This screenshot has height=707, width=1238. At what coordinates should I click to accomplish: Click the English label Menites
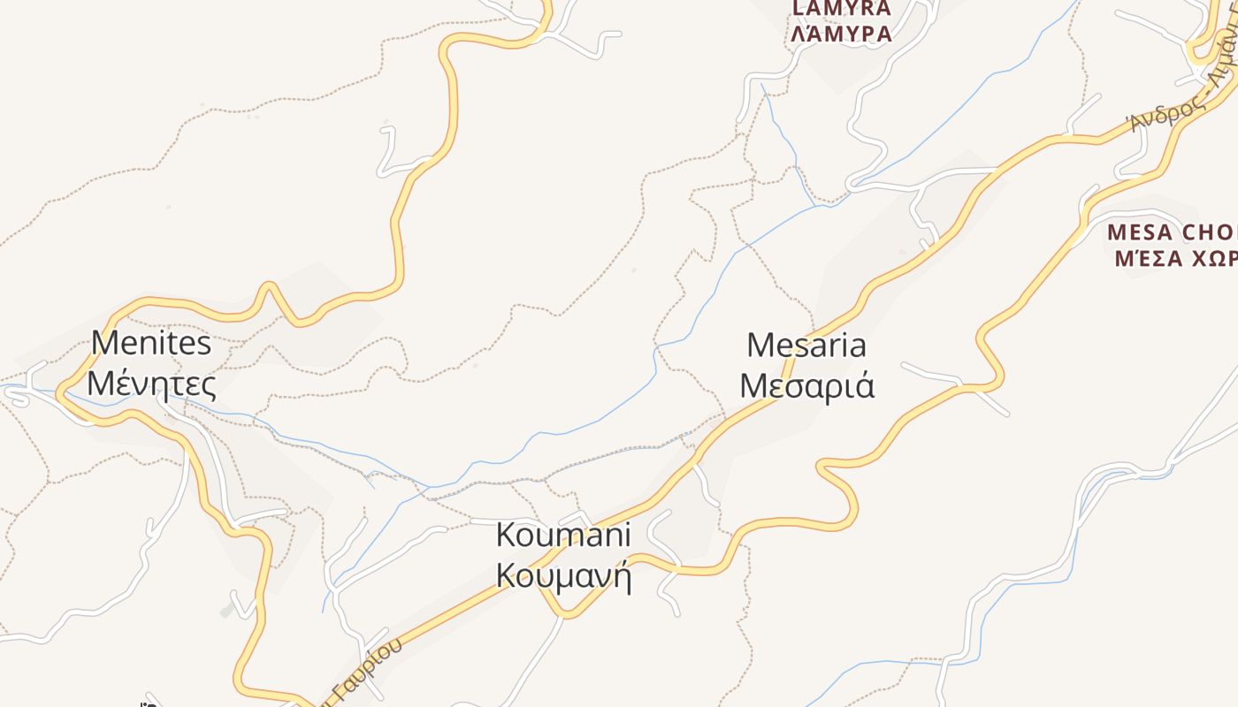coord(151,343)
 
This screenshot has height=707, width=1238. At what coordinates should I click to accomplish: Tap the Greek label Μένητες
coord(151,384)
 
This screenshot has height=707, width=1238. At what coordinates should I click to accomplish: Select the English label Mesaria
coord(806,345)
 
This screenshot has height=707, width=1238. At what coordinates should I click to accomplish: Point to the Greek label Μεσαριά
coord(806,386)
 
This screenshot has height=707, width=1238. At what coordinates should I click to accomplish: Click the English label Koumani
coord(563,535)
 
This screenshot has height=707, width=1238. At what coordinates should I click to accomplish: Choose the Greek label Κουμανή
coord(563,575)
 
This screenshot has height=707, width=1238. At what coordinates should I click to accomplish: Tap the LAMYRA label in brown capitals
coord(842,9)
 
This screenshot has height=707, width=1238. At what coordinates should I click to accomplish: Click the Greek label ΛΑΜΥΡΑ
coord(841,34)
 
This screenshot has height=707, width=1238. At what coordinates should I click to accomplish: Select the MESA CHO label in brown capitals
coord(1173,232)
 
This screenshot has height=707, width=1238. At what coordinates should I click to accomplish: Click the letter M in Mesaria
coord(760,345)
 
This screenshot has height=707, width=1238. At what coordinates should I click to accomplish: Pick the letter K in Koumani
coord(505,535)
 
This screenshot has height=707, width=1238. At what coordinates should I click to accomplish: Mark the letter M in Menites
coord(104,343)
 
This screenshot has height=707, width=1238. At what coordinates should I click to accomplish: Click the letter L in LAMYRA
coord(799,9)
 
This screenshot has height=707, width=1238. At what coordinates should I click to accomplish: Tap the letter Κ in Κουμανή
coord(505,575)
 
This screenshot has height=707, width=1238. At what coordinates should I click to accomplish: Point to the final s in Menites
coord(205,344)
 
